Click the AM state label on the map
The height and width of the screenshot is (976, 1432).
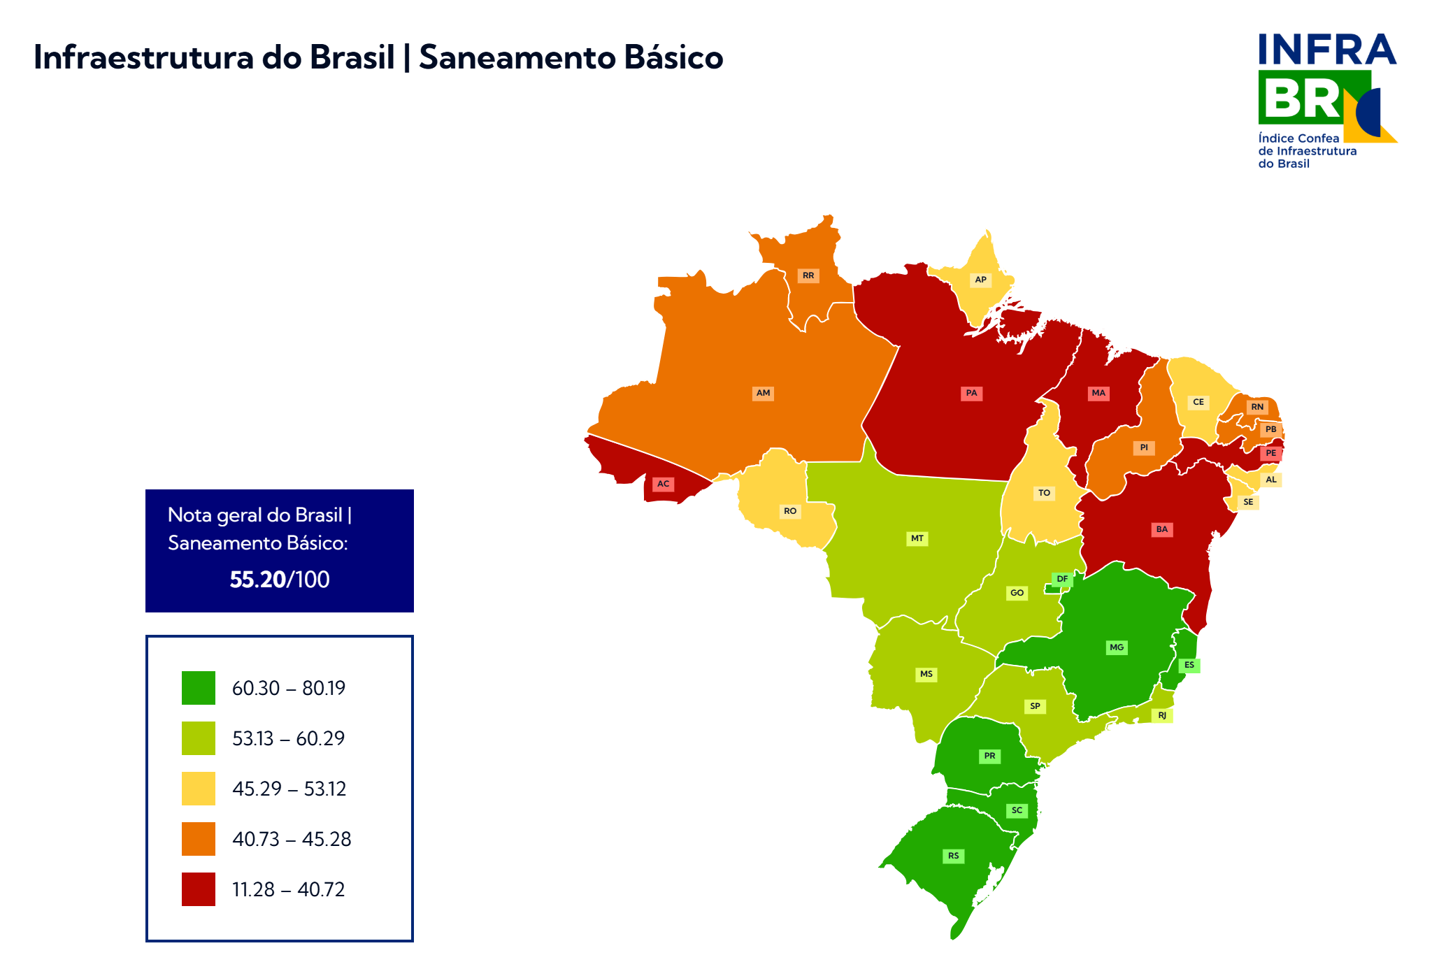pyautogui.click(x=763, y=393)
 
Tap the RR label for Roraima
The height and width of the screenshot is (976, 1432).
pyautogui.click(x=808, y=275)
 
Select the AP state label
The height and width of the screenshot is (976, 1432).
pyautogui.click(x=980, y=280)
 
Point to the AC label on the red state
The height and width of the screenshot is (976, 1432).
pyautogui.click(x=663, y=484)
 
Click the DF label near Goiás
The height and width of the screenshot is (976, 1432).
pyautogui.click(x=1062, y=579)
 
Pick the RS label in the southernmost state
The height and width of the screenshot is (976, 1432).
pyautogui.click(x=954, y=856)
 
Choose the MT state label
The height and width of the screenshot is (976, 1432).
pyautogui.click(x=917, y=538)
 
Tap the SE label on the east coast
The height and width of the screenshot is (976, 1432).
pyautogui.click(x=1248, y=502)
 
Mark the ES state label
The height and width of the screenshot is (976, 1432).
pyautogui.click(x=1189, y=665)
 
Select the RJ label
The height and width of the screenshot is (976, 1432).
pyautogui.click(x=1162, y=715)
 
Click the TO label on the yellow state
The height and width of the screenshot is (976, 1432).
pyautogui.click(x=1044, y=493)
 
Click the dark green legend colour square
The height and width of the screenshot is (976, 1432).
pyautogui.click(x=199, y=688)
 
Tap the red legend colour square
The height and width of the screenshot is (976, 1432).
pyautogui.click(x=199, y=889)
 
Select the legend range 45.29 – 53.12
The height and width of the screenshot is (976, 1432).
pyautogui.click(x=289, y=789)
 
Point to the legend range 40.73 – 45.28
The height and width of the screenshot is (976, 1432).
pyautogui.click(x=292, y=839)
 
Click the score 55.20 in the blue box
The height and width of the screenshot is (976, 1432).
pyautogui.click(x=257, y=580)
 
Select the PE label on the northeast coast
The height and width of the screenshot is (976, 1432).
pyautogui.click(x=1270, y=453)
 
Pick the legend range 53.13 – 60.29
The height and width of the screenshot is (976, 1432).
pyautogui.click(x=289, y=738)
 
